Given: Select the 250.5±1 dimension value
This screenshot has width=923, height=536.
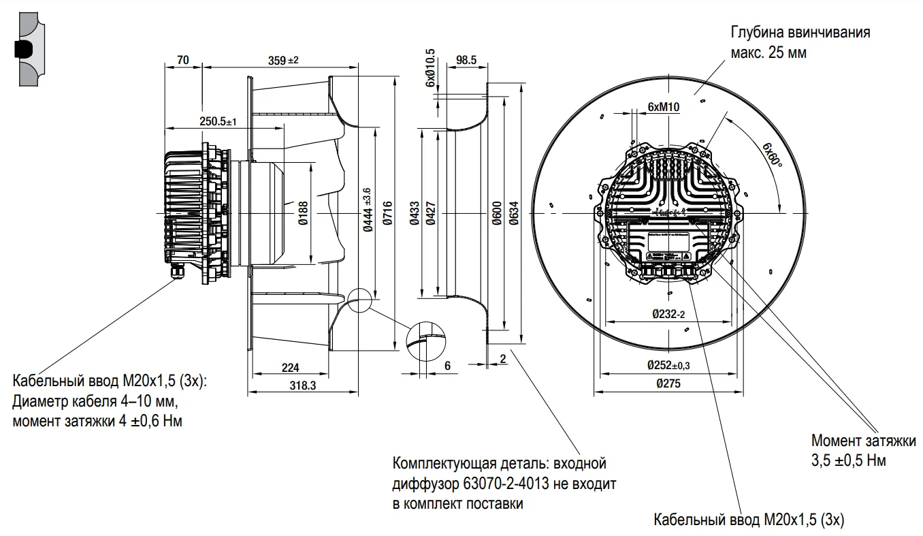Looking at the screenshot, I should (x=217, y=121).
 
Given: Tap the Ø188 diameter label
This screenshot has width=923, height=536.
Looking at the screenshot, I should (x=303, y=213).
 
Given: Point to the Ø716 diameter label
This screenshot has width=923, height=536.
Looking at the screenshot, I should (x=387, y=215).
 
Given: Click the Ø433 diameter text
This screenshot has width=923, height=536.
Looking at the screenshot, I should (x=413, y=214).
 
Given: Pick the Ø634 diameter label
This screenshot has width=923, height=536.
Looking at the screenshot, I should (x=515, y=214).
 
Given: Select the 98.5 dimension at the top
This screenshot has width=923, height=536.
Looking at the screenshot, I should (x=466, y=60).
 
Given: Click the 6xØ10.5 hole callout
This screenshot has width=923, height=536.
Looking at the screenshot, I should (x=430, y=67).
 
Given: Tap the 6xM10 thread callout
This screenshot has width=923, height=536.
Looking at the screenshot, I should (x=664, y=107).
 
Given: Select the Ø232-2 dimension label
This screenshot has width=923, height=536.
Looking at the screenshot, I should (x=668, y=314).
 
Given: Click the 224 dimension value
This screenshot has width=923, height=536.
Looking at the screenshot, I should (x=290, y=368).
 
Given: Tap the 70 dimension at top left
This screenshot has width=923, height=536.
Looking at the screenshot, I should (x=182, y=60).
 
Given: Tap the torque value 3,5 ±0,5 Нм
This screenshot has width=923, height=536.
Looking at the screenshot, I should (x=848, y=460).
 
